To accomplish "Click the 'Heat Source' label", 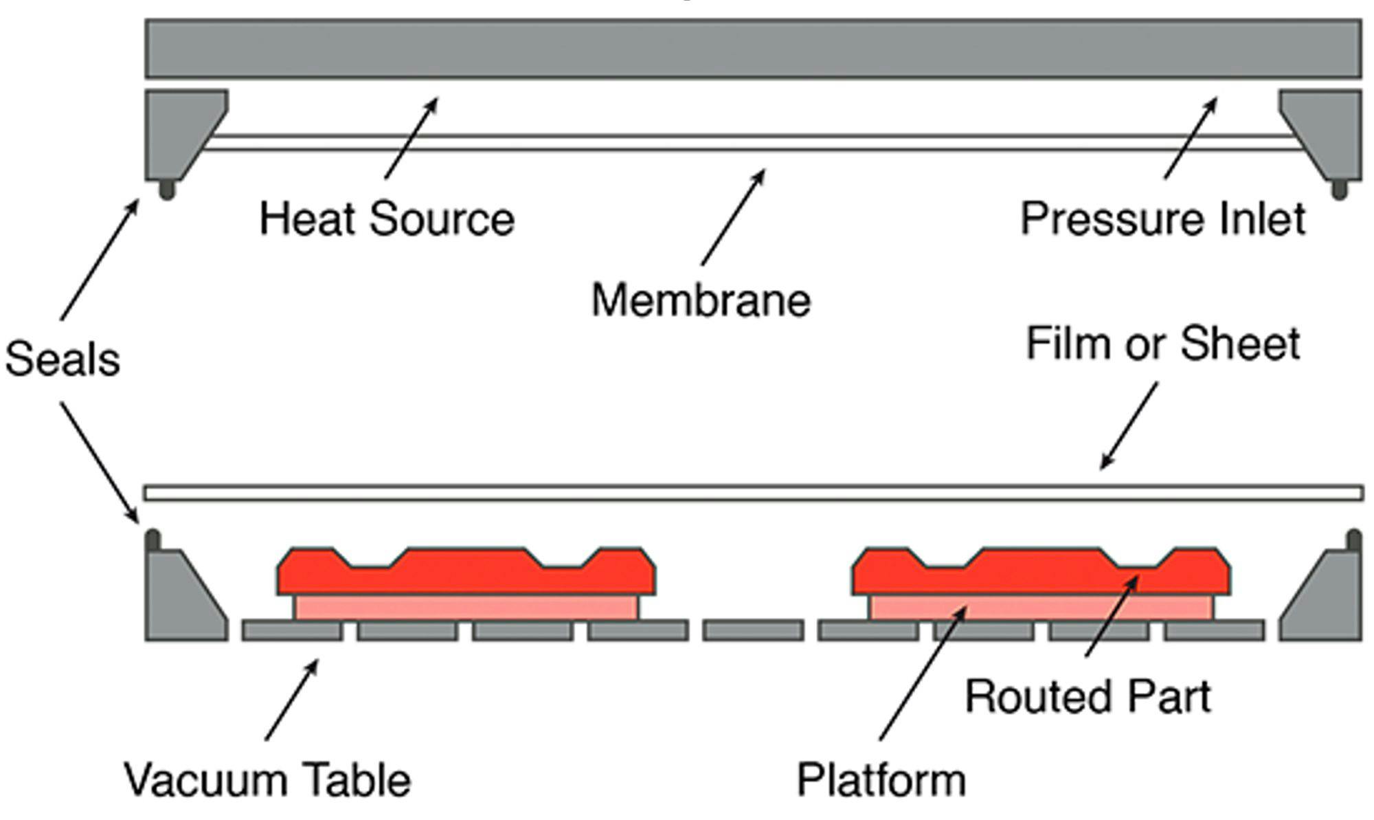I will pos(387,220).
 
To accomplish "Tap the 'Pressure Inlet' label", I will pos(1162,220).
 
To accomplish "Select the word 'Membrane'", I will pos(701,301).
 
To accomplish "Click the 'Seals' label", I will pos(62,359).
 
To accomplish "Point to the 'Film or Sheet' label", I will pos(1162,344).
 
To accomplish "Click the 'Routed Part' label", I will pos(1088,697).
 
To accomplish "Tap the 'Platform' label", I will pos(881,781).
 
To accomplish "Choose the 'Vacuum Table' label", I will pos(268,781).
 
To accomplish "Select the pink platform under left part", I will pos(466,608).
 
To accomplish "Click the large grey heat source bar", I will pos(752,48).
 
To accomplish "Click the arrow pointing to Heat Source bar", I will pos(411,138).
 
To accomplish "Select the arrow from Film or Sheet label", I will pos(1129,426).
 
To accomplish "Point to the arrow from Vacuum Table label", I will pos(292,700).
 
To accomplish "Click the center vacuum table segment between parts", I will pos(753,630).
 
